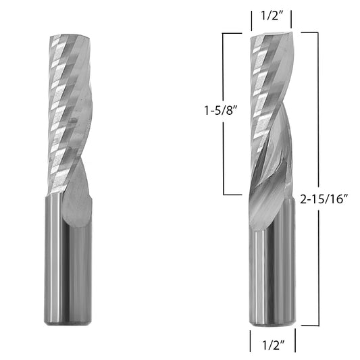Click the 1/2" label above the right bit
click(x=272, y=16)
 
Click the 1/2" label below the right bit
click(x=274, y=345)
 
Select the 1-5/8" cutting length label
click(x=220, y=111)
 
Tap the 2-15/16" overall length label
click(x=324, y=199)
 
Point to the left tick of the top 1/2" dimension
click(x=252, y=21)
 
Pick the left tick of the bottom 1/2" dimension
click(x=251, y=340)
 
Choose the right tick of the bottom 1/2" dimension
click(x=295, y=340)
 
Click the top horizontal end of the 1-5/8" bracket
click(x=232, y=34)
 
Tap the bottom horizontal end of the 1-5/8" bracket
click(x=233, y=195)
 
